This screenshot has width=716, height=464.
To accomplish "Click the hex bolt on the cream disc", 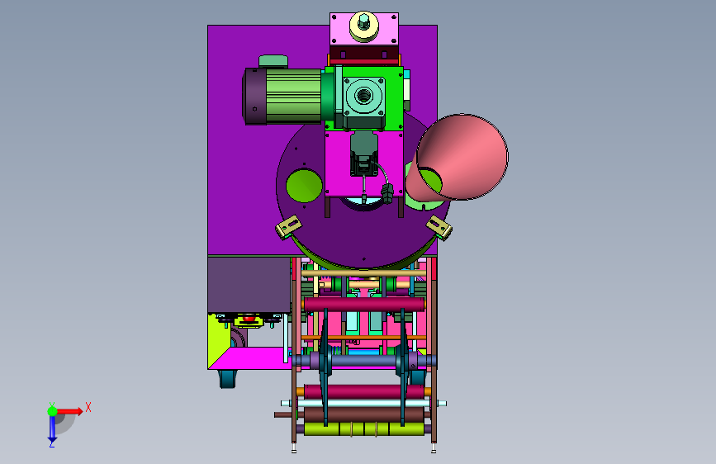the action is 364,21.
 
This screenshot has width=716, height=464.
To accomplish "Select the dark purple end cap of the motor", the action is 255,96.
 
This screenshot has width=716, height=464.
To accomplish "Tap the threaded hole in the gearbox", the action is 364,96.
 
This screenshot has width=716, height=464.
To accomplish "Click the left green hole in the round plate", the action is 304,185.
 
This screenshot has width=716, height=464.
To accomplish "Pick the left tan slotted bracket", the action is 288,226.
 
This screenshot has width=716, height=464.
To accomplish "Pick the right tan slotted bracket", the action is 439,227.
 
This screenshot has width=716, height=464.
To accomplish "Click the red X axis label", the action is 88,407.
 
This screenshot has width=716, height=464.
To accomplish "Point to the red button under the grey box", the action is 249,318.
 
